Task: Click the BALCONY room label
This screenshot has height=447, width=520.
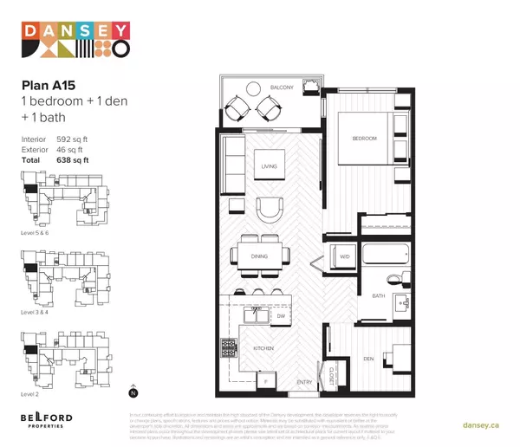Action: [x=280, y=87]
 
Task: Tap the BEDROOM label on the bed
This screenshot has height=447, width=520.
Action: [x=364, y=139]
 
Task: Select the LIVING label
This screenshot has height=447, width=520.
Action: [x=269, y=166]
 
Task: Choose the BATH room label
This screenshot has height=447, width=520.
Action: [x=378, y=296]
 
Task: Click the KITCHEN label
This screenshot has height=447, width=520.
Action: [x=264, y=347]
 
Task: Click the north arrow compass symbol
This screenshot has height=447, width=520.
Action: [x=132, y=390]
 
